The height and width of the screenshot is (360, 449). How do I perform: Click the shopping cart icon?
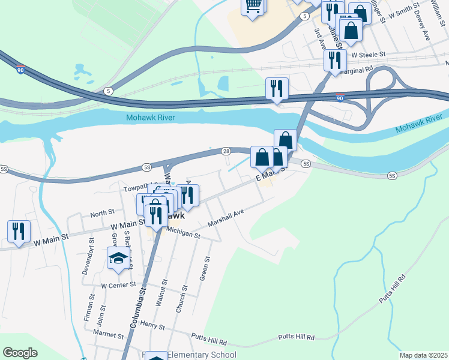[253, 6]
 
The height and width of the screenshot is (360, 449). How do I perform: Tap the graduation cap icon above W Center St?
[118, 259]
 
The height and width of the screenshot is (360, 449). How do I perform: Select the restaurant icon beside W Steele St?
[334, 59]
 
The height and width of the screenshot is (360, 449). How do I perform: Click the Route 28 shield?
[226, 152]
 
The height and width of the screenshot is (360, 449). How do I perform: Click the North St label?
[102, 213]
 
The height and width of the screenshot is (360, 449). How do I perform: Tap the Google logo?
[20, 353]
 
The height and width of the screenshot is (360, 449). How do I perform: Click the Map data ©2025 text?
[423, 355]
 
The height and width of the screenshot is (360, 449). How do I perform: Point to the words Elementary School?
[201, 355]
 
